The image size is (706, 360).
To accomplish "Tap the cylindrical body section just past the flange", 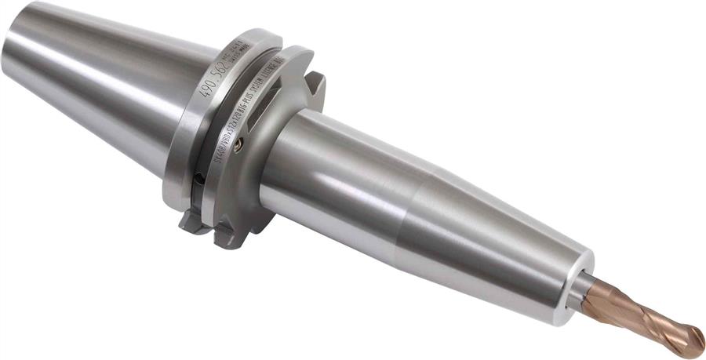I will [337, 173].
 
